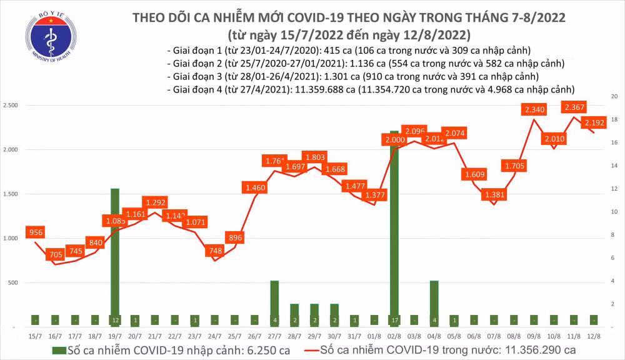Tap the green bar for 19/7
pyautogui.click(x=115, y=256)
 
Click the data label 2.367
pyautogui.click(x=574, y=107)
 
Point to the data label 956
pyautogui.click(x=36, y=233)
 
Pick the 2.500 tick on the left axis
pyautogui.click(x=11, y=105)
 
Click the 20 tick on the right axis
pyautogui.click(x=614, y=96)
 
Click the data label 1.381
pyautogui.click(x=494, y=195)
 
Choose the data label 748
pyautogui.click(x=214, y=251)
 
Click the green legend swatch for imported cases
pyautogui.click(x=58, y=349)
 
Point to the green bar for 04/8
pyautogui.click(x=434, y=303)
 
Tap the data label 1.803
pyautogui.click(x=312, y=158)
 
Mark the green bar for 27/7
pyautogui.click(x=274, y=303)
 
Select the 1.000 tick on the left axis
pyautogui.click(x=11, y=239)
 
